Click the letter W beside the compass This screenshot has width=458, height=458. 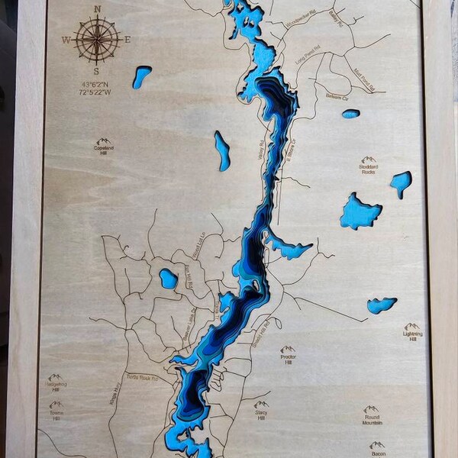tap(67, 39)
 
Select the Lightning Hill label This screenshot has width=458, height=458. tap(412, 337)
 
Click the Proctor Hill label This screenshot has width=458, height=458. tap(288, 359)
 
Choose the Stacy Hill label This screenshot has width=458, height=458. tap(261, 415)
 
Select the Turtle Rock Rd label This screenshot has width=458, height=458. tap(144, 377)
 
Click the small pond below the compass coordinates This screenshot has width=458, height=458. tap(141, 76)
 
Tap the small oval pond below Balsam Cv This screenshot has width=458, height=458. tap(350, 114)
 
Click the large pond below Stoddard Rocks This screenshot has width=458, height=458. tap(360, 211)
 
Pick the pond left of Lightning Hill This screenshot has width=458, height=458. tap(381, 305)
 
